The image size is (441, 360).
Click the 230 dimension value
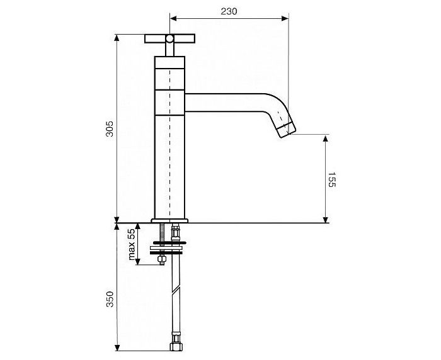[229, 11]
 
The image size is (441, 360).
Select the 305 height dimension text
[110, 129]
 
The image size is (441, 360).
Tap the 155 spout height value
[332, 179]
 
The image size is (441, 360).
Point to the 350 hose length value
[110, 299]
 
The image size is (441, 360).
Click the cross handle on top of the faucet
[169, 39]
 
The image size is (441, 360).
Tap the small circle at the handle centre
[169, 39]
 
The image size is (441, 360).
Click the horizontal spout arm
[225, 103]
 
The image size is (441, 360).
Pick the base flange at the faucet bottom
[169, 221]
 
